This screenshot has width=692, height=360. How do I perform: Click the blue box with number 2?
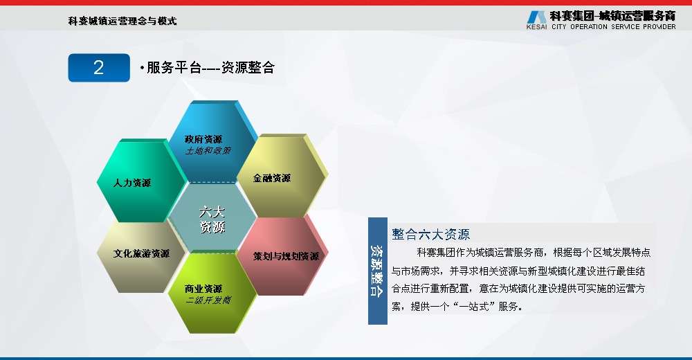tap(99, 68)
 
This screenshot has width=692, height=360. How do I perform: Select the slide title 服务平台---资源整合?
tap(208, 68)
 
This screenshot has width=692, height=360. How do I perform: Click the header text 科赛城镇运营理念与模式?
tap(122, 21)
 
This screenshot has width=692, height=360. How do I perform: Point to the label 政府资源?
tap(203, 139)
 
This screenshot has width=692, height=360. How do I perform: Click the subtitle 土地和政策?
tap(208, 151)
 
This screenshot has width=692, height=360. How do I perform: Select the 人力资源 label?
tap(132, 183)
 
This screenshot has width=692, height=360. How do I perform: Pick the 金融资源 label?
tap(272, 178)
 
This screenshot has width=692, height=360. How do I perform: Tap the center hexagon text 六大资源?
tap(212, 219)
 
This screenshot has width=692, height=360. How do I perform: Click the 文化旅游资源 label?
tap(141, 253)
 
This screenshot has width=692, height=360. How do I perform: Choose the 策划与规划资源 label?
tap(286, 256)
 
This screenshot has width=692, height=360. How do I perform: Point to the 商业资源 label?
tap(203, 289)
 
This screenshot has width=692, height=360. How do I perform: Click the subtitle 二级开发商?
tap(208, 300)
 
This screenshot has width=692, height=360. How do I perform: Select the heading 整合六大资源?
tap(430, 234)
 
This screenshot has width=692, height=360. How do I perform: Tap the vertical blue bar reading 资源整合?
tap(378, 271)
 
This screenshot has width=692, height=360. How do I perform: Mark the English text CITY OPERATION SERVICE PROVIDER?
tap(613, 26)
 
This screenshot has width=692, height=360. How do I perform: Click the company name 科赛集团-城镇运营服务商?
tap(612, 16)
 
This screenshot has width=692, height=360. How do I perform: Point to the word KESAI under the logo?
tap(537, 26)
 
